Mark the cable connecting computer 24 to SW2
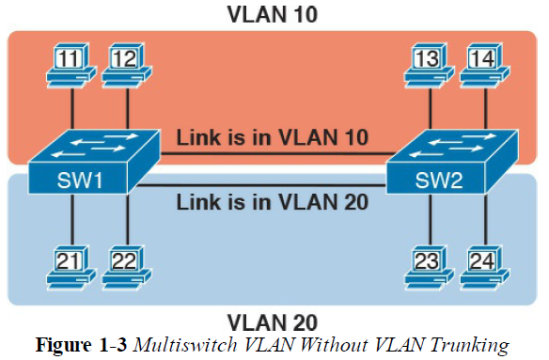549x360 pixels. click(484, 226)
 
